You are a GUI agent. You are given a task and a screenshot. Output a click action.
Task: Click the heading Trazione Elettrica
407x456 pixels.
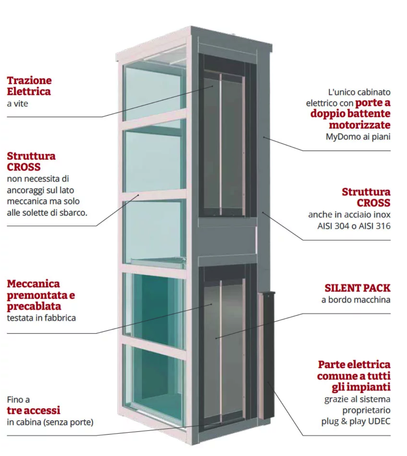29,86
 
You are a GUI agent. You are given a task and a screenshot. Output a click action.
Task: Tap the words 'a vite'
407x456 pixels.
17,104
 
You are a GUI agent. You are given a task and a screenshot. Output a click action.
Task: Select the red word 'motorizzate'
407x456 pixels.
360,125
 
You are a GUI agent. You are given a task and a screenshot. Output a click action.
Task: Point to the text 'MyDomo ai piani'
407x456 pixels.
358,137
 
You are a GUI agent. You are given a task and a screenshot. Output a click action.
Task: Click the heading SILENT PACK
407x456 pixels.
357,288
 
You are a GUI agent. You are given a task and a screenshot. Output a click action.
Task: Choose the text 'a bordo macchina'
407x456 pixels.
356,300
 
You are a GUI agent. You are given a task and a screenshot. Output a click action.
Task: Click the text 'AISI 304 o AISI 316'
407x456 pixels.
354,226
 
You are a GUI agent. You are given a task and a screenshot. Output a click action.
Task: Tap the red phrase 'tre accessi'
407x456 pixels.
34,410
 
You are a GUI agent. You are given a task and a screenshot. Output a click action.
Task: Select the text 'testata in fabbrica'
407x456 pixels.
41,318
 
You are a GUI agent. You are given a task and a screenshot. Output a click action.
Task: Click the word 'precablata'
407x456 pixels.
34,306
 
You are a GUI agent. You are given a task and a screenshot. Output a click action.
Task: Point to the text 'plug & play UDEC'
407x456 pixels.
356,421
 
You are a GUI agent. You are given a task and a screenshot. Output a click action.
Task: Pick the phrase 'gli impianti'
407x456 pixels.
361,387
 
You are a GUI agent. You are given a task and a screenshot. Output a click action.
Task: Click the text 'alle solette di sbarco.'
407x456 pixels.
47,213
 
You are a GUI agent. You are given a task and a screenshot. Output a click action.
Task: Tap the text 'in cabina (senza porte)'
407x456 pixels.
50,422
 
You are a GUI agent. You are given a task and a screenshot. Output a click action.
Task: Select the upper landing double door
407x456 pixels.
223,143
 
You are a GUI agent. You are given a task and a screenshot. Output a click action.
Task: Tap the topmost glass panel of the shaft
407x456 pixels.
154,91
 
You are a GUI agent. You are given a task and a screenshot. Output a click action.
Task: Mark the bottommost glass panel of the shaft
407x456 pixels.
154,382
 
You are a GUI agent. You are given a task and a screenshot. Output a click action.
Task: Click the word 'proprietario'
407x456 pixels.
366,410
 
